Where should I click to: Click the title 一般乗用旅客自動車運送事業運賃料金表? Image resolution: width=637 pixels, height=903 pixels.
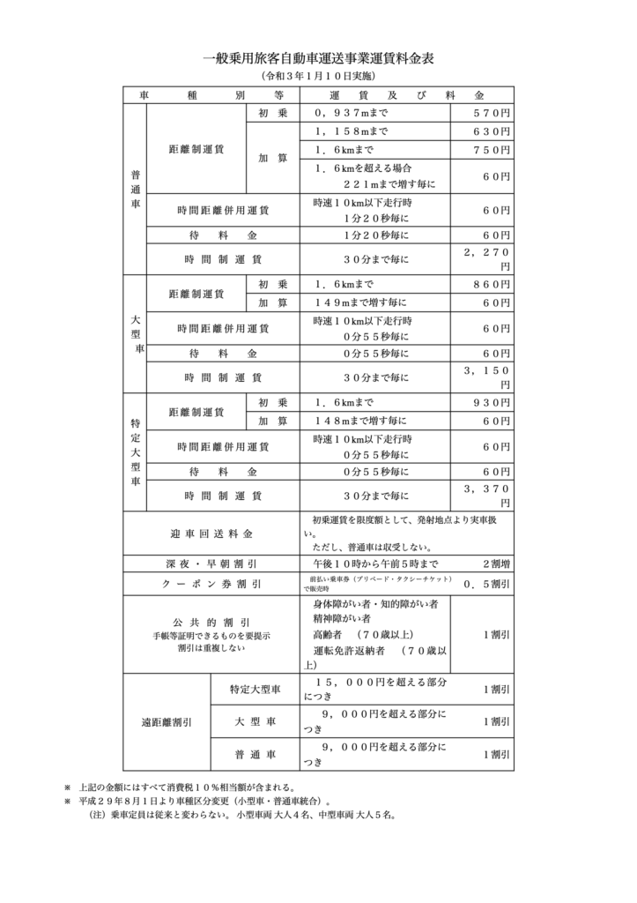pyautogui.click(x=318, y=60)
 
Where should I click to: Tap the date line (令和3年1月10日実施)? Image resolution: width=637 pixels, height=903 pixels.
pyautogui.click(x=318, y=78)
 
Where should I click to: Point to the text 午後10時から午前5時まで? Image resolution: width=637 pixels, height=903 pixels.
pyautogui.click(x=374, y=563)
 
